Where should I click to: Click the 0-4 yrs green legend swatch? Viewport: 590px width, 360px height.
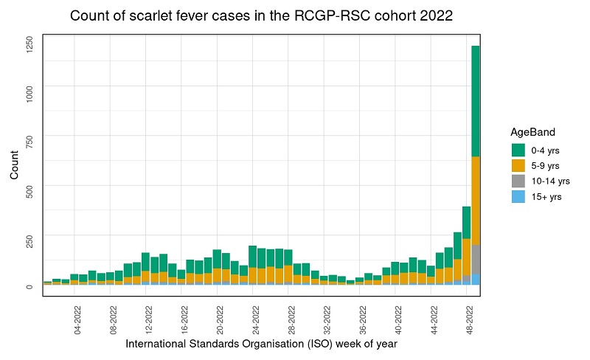click(518, 150)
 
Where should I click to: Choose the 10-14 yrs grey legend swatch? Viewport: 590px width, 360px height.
click(518, 181)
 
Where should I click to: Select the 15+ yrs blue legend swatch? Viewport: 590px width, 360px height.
click(518, 196)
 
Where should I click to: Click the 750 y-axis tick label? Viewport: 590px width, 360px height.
click(30, 142)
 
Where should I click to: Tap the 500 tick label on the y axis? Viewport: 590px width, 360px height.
click(30, 191)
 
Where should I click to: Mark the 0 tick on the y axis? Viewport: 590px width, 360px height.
click(30, 286)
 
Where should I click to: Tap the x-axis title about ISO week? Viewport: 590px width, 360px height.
click(262, 345)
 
